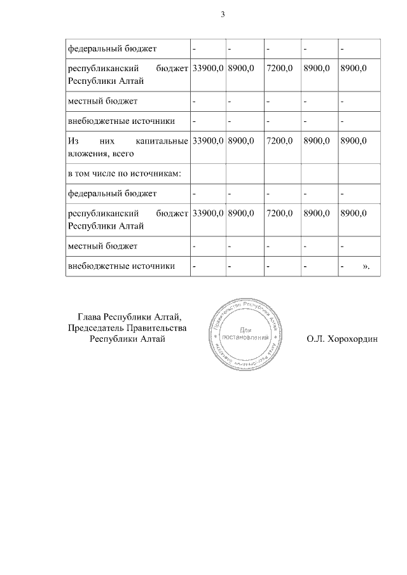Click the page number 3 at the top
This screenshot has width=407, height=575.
pyautogui.click(x=223, y=14)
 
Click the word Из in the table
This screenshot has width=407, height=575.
pyautogui.click(x=72, y=140)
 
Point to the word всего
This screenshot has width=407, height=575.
pyautogui.click(x=118, y=152)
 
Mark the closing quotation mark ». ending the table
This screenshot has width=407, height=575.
pyautogui.click(x=366, y=266)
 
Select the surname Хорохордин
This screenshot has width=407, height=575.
pyautogui.click(x=352, y=339)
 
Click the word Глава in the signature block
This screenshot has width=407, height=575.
pyautogui.click(x=90, y=316)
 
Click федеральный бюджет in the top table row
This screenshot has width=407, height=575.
pyautogui.click(x=111, y=48)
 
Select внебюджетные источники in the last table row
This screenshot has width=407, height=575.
pyautogui.click(x=121, y=266)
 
